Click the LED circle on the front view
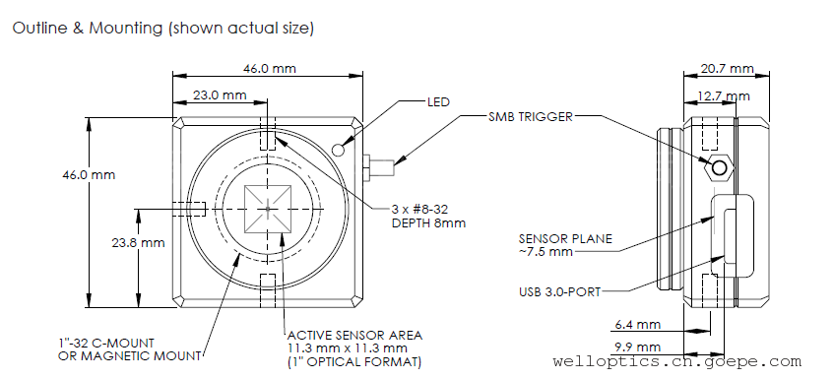pos(339,150)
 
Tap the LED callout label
pos(438,101)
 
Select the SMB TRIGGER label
pos(531,117)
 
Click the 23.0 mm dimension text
pos(220,95)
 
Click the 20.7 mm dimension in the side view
pos(727,69)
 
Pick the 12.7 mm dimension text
pos(724,96)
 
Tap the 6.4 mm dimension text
pos(638,324)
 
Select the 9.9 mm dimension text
pos(638,347)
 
